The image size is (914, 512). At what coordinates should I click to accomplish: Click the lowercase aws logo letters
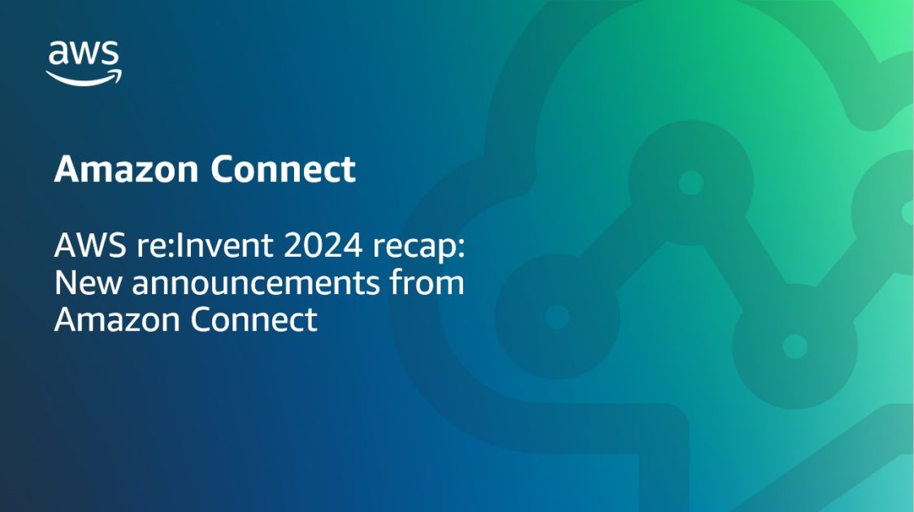(84, 54)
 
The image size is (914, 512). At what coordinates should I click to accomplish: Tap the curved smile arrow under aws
(84, 78)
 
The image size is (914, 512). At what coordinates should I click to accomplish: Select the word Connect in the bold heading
(283, 169)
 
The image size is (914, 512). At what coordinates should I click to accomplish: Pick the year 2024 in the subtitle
(305, 245)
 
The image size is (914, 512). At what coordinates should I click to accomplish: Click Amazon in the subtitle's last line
(115, 319)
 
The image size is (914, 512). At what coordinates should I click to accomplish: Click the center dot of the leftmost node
(557, 316)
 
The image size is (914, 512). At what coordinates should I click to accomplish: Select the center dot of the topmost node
(691, 182)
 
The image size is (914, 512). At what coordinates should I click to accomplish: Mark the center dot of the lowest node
(794, 346)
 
